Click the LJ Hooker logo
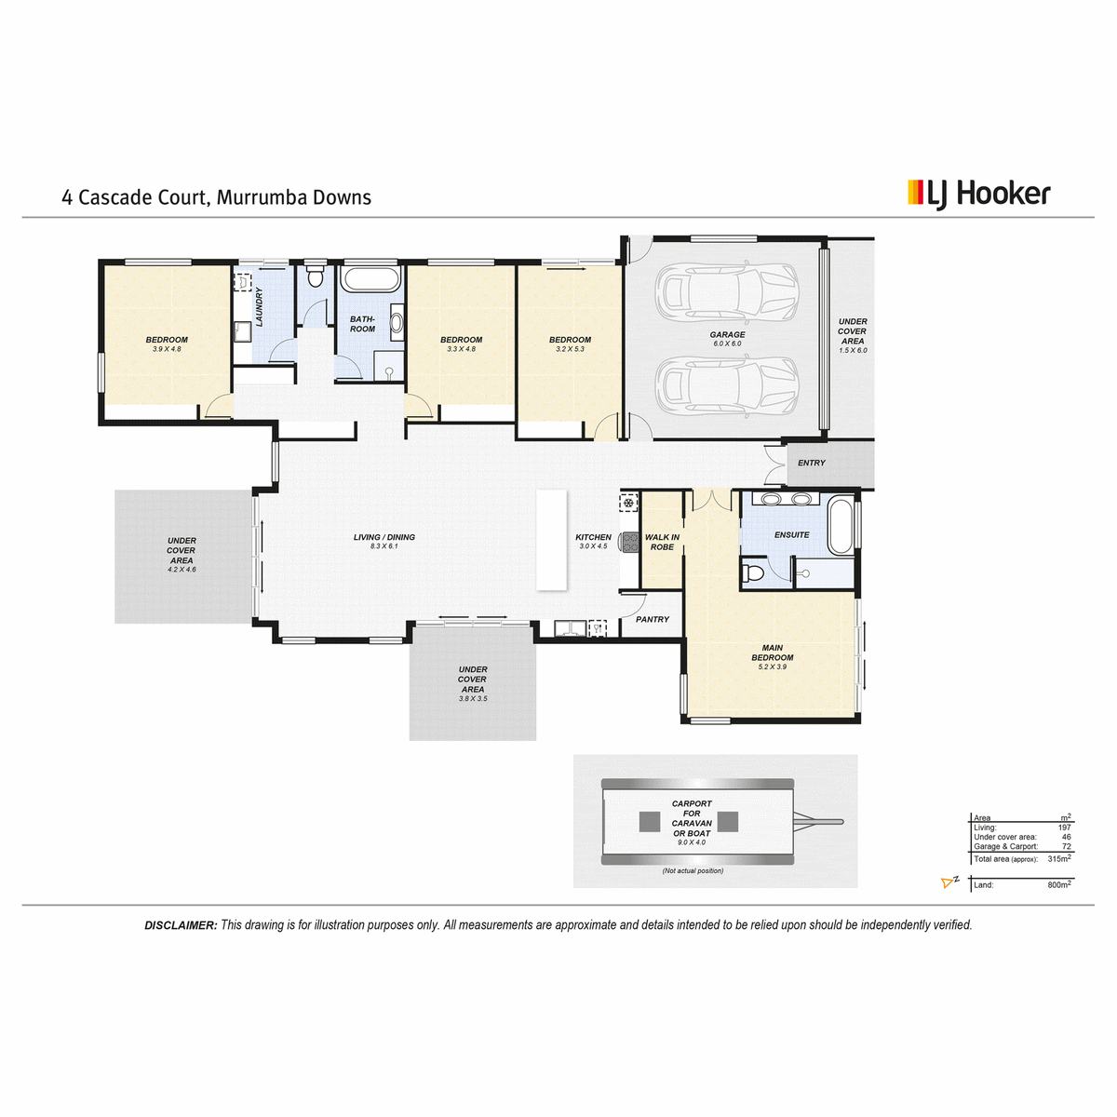tap(978, 195)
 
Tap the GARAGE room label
tap(727, 334)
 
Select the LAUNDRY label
tap(259, 306)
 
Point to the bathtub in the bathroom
tap(370, 279)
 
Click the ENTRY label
tap(811, 463)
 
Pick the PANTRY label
tap(653, 619)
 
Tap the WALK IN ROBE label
tap(662, 542)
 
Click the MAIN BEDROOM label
tap(772, 653)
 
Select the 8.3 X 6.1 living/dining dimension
tap(384, 546)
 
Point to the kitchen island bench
tap(551, 540)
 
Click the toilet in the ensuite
tap(753, 572)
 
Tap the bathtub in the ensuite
tap(840, 525)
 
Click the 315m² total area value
tap(1059, 858)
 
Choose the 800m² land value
tap(1059, 884)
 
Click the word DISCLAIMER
tap(181, 925)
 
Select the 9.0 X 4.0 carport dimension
tap(692, 842)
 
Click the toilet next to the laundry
tap(315, 276)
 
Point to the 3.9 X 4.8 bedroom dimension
tap(167, 349)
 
